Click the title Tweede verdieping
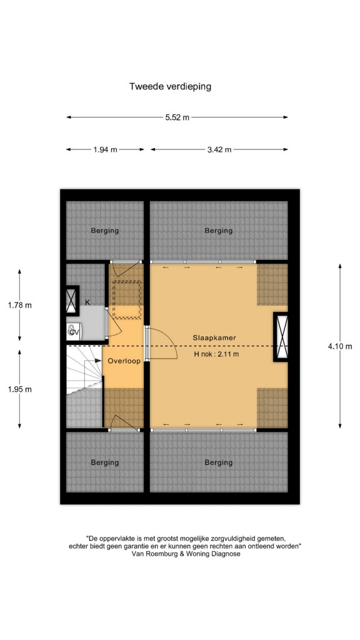tap(170, 86)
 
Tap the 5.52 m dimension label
tap(177, 117)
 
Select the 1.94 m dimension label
tap(105, 149)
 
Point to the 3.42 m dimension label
tap(219, 149)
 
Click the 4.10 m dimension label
tap(339, 346)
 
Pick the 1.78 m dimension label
tap(19, 305)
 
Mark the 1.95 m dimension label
tap(19, 389)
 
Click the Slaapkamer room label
tap(214, 337)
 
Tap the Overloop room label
tap(124, 361)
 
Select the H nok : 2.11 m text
tap(216, 354)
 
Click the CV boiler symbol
tap(74, 331)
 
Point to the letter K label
tap(87, 302)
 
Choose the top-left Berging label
tap(105, 231)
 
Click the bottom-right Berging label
tap(219, 462)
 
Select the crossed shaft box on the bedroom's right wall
tap(281, 337)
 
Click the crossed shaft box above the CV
tap(72, 301)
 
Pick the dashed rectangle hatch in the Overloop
tap(126, 299)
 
